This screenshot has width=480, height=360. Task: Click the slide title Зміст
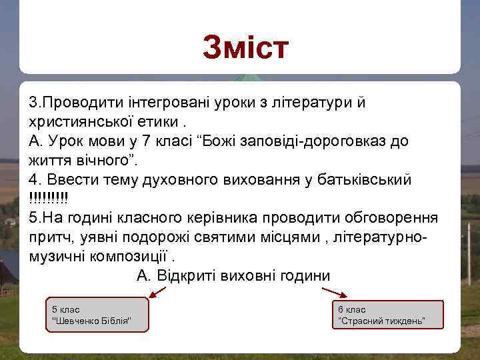(x=245, y=48)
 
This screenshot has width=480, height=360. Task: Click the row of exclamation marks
(x=49, y=199)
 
